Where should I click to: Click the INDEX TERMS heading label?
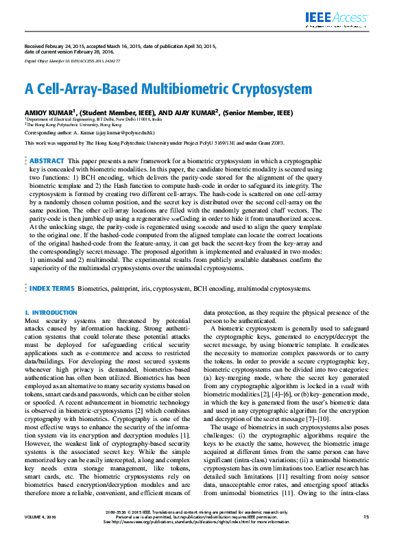(x=52, y=308)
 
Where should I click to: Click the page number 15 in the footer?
(x=366, y=516)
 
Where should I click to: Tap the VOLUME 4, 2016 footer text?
(x=42, y=516)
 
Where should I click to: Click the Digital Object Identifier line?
(x=73, y=61)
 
